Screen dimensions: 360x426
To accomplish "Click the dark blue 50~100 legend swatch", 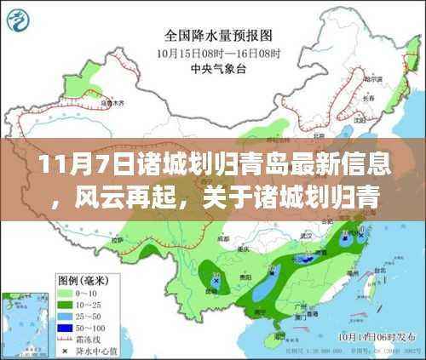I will point(64,325).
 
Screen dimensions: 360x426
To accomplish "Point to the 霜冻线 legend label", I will point(92,337).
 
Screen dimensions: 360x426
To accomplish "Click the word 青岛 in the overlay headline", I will point(210,162).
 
